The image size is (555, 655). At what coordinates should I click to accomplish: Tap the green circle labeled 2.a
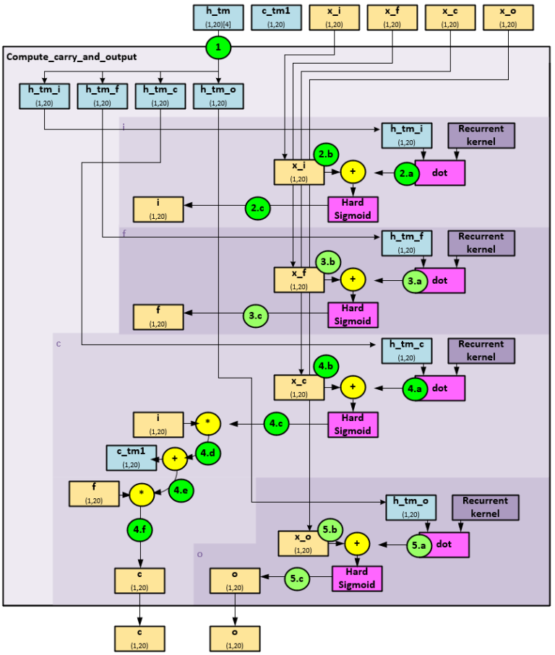point(406,173)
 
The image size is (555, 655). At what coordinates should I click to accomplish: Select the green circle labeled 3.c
point(254,315)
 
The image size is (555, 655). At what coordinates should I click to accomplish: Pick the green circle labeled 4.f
point(140,531)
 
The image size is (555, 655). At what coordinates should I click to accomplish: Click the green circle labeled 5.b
point(329,530)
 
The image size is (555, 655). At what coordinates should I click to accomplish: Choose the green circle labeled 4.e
point(181,490)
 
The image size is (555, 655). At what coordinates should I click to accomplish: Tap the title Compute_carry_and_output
point(71,56)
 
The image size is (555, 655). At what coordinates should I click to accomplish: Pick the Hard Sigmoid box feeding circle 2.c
point(353,208)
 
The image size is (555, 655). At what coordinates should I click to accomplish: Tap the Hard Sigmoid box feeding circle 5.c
point(357,578)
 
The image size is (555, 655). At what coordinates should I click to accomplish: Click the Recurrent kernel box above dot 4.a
point(481,350)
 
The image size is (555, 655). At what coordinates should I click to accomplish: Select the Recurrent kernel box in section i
point(481,135)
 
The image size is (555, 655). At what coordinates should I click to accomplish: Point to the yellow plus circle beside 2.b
point(353,173)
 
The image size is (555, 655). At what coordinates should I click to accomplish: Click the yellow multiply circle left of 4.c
point(208,423)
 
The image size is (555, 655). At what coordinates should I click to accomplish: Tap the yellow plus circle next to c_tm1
point(174,458)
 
